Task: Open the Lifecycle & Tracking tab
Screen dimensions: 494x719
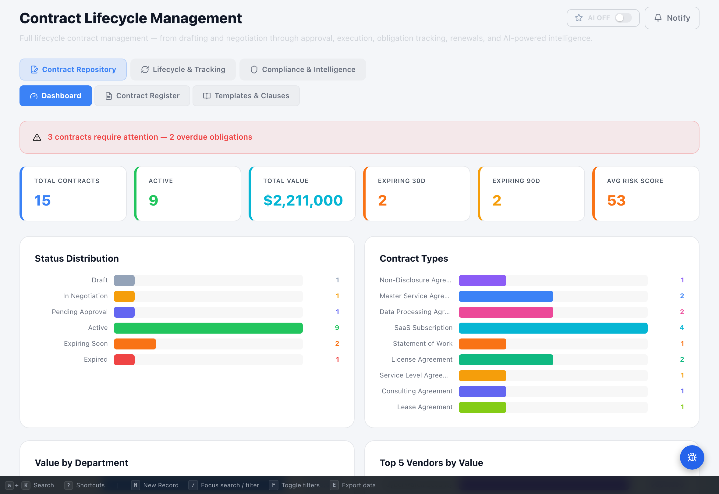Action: (x=183, y=70)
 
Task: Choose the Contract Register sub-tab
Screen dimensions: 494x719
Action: (x=142, y=96)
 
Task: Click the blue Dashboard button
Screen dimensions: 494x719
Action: (x=56, y=96)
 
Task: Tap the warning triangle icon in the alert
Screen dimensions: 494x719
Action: (x=37, y=137)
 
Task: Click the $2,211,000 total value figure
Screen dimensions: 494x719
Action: (x=303, y=200)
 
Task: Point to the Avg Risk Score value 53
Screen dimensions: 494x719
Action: (x=616, y=200)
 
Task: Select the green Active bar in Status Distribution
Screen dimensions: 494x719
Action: (x=208, y=328)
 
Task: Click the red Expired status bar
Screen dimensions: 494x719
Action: (x=124, y=360)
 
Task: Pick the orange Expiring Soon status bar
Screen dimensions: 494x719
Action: (x=135, y=344)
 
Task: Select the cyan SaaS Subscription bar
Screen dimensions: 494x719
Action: (x=553, y=328)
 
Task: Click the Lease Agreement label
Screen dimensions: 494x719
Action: (x=424, y=407)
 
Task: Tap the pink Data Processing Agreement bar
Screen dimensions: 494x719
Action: (x=505, y=312)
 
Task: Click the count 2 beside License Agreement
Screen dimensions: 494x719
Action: (x=682, y=359)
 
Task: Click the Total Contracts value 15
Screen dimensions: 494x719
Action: (x=42, y=200)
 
